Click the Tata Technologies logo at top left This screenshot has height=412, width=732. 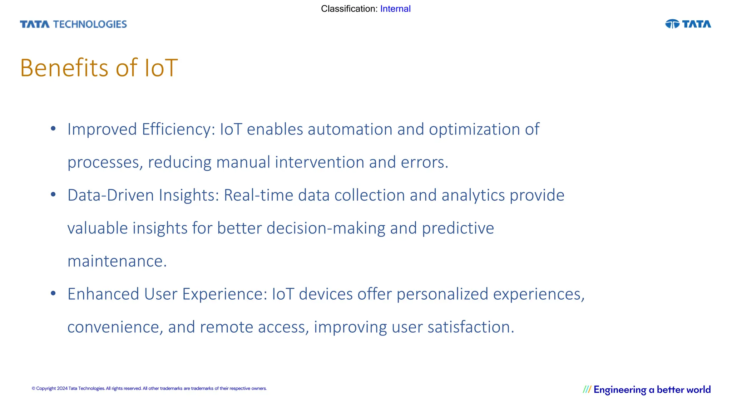(x=73, y=24)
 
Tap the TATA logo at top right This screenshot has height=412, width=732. (x=688, y=24)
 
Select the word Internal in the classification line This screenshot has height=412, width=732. (x=395, y=9)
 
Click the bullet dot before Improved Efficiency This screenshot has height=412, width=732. (x=53, y=128)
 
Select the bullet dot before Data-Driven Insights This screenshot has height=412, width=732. (x=53, y=194)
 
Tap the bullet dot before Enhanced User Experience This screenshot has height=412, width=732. (x=53, y=293)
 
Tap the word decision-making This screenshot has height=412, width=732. (x=326, y=229)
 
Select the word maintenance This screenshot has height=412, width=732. (x=117, y=261)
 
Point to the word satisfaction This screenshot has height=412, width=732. (x=470, y=327)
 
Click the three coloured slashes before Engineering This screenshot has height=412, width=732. (x=587, y=389)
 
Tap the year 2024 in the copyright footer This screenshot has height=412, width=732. (x=62, y=389)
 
